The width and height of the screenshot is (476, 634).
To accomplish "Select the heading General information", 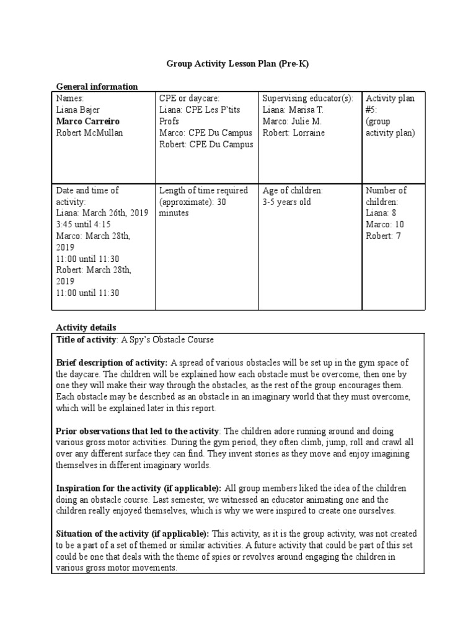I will [97, 87].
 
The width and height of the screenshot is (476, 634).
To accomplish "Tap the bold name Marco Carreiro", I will [87, 121].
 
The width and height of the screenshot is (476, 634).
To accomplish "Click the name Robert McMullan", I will [90, 133].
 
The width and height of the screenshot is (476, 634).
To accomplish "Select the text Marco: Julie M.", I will [292, 121].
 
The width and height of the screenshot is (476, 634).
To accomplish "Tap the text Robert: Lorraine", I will [293, 133].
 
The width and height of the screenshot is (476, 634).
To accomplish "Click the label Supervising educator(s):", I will [308, 98].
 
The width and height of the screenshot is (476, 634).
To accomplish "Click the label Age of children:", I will [293, 190].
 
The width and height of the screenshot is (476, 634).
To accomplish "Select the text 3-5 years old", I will [286, 202].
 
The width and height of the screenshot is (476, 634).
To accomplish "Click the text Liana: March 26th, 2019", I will [102, 213].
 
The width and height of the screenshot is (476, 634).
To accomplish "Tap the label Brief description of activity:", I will [112, 363].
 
